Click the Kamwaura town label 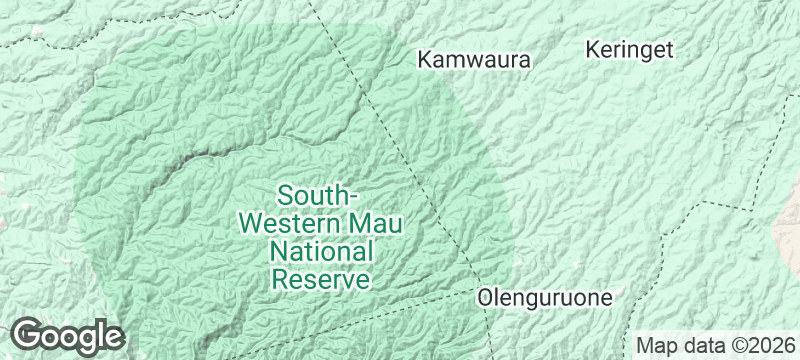coord(473,60)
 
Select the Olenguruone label coord(545,297)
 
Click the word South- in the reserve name coord(319,193)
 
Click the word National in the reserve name coord(322,250)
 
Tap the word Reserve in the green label coord(322,278)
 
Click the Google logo coord(67,336)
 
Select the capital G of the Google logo coord(28,335)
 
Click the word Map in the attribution coord(656,346)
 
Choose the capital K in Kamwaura coord(424,60)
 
